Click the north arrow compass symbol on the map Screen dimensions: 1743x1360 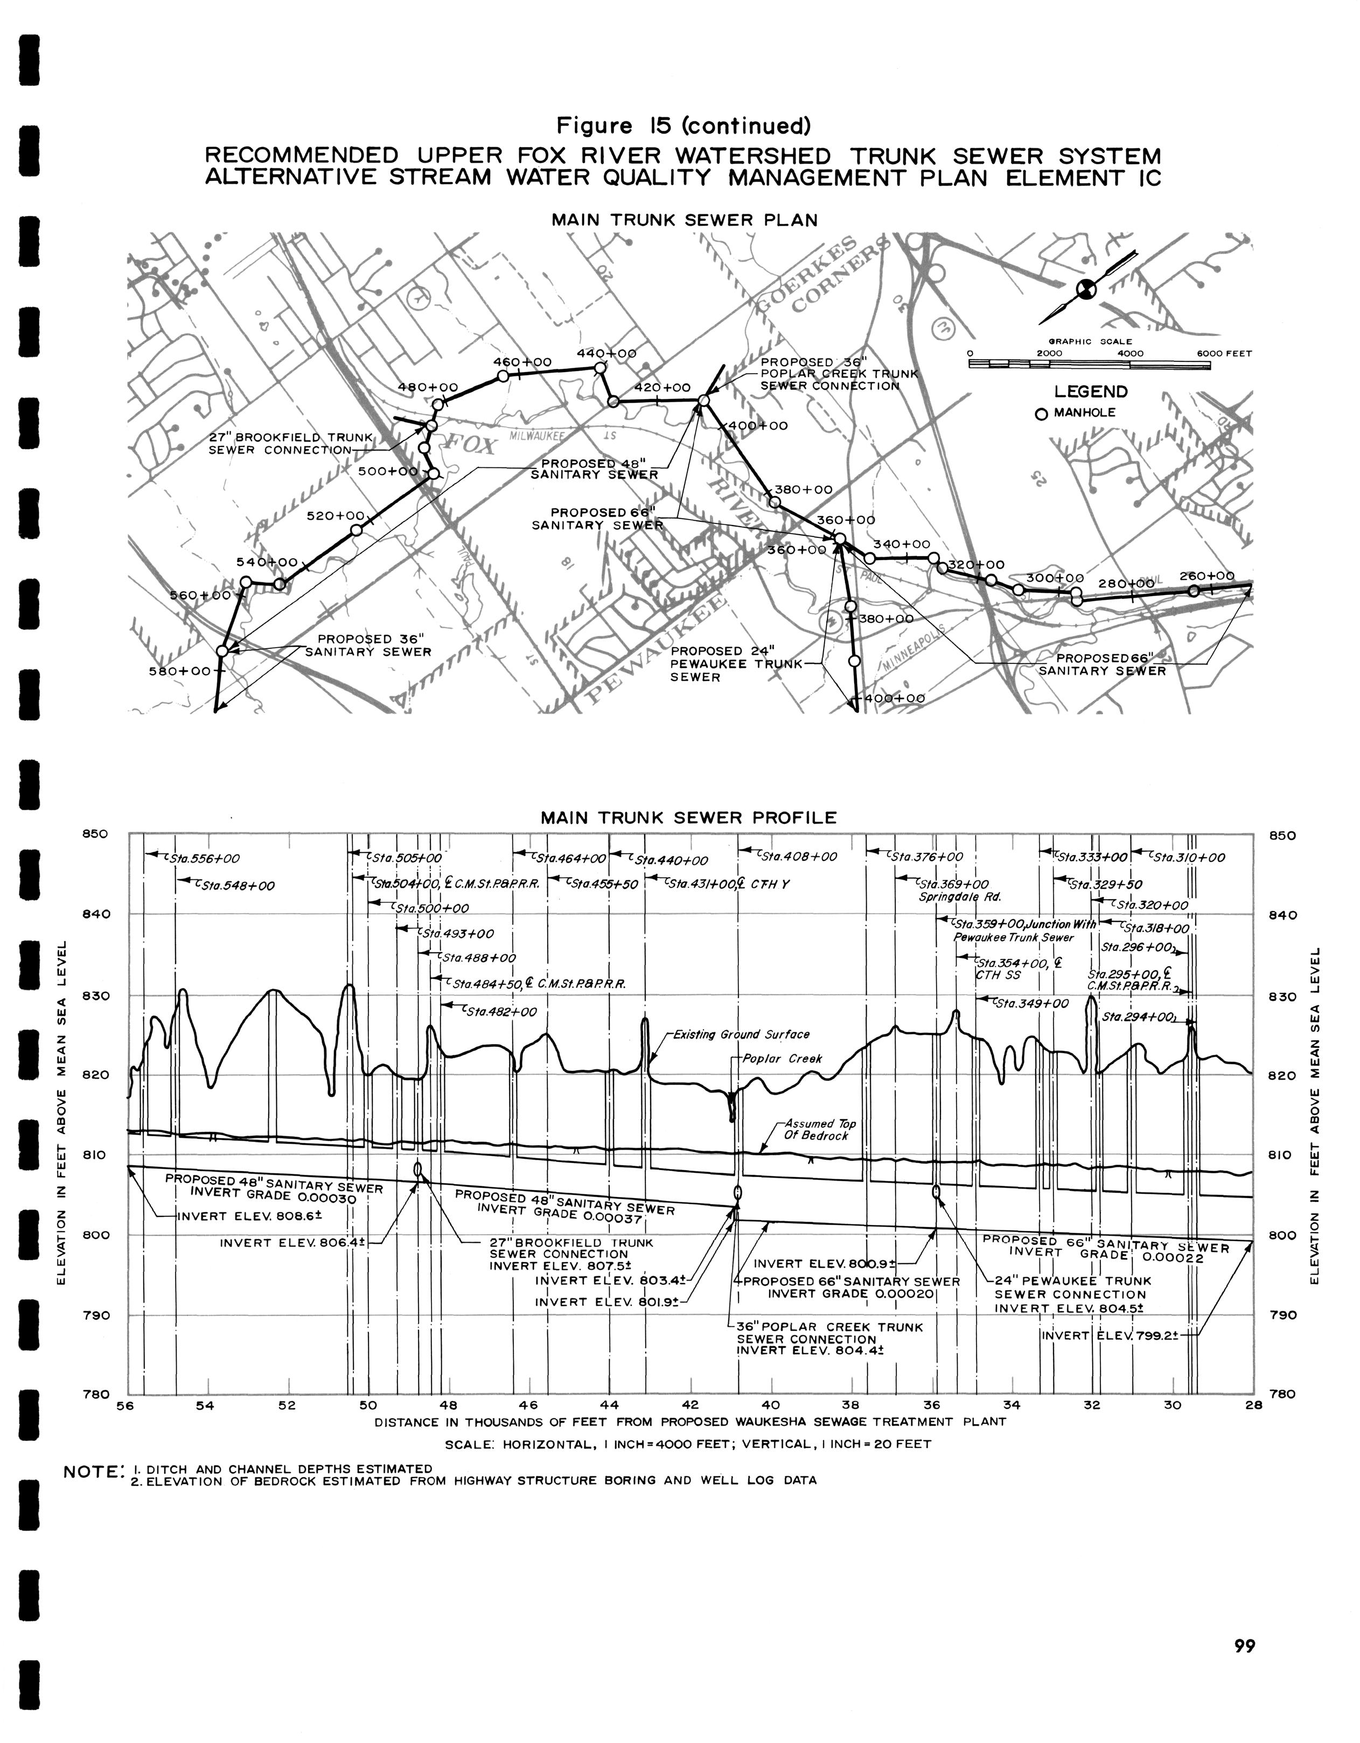pyautogui.click(x=1087, y=289)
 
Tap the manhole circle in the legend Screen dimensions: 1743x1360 pyautogui.click(x=1041, y=414)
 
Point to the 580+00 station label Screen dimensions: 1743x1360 pyautogui.click(x=179, y=671)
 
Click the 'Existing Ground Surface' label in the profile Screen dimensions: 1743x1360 pyautogui.click(x=741, y=1034)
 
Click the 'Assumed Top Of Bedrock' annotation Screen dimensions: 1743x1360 pyautogui.click(x=820, y=1129)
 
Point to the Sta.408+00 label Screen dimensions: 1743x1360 pyautogui.click(x=797, y=856)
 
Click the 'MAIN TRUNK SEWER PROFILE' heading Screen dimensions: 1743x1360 pyautogui.click(x=688, y=817)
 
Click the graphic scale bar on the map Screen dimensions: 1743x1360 pyautogui.click(x=1089, y=365)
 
